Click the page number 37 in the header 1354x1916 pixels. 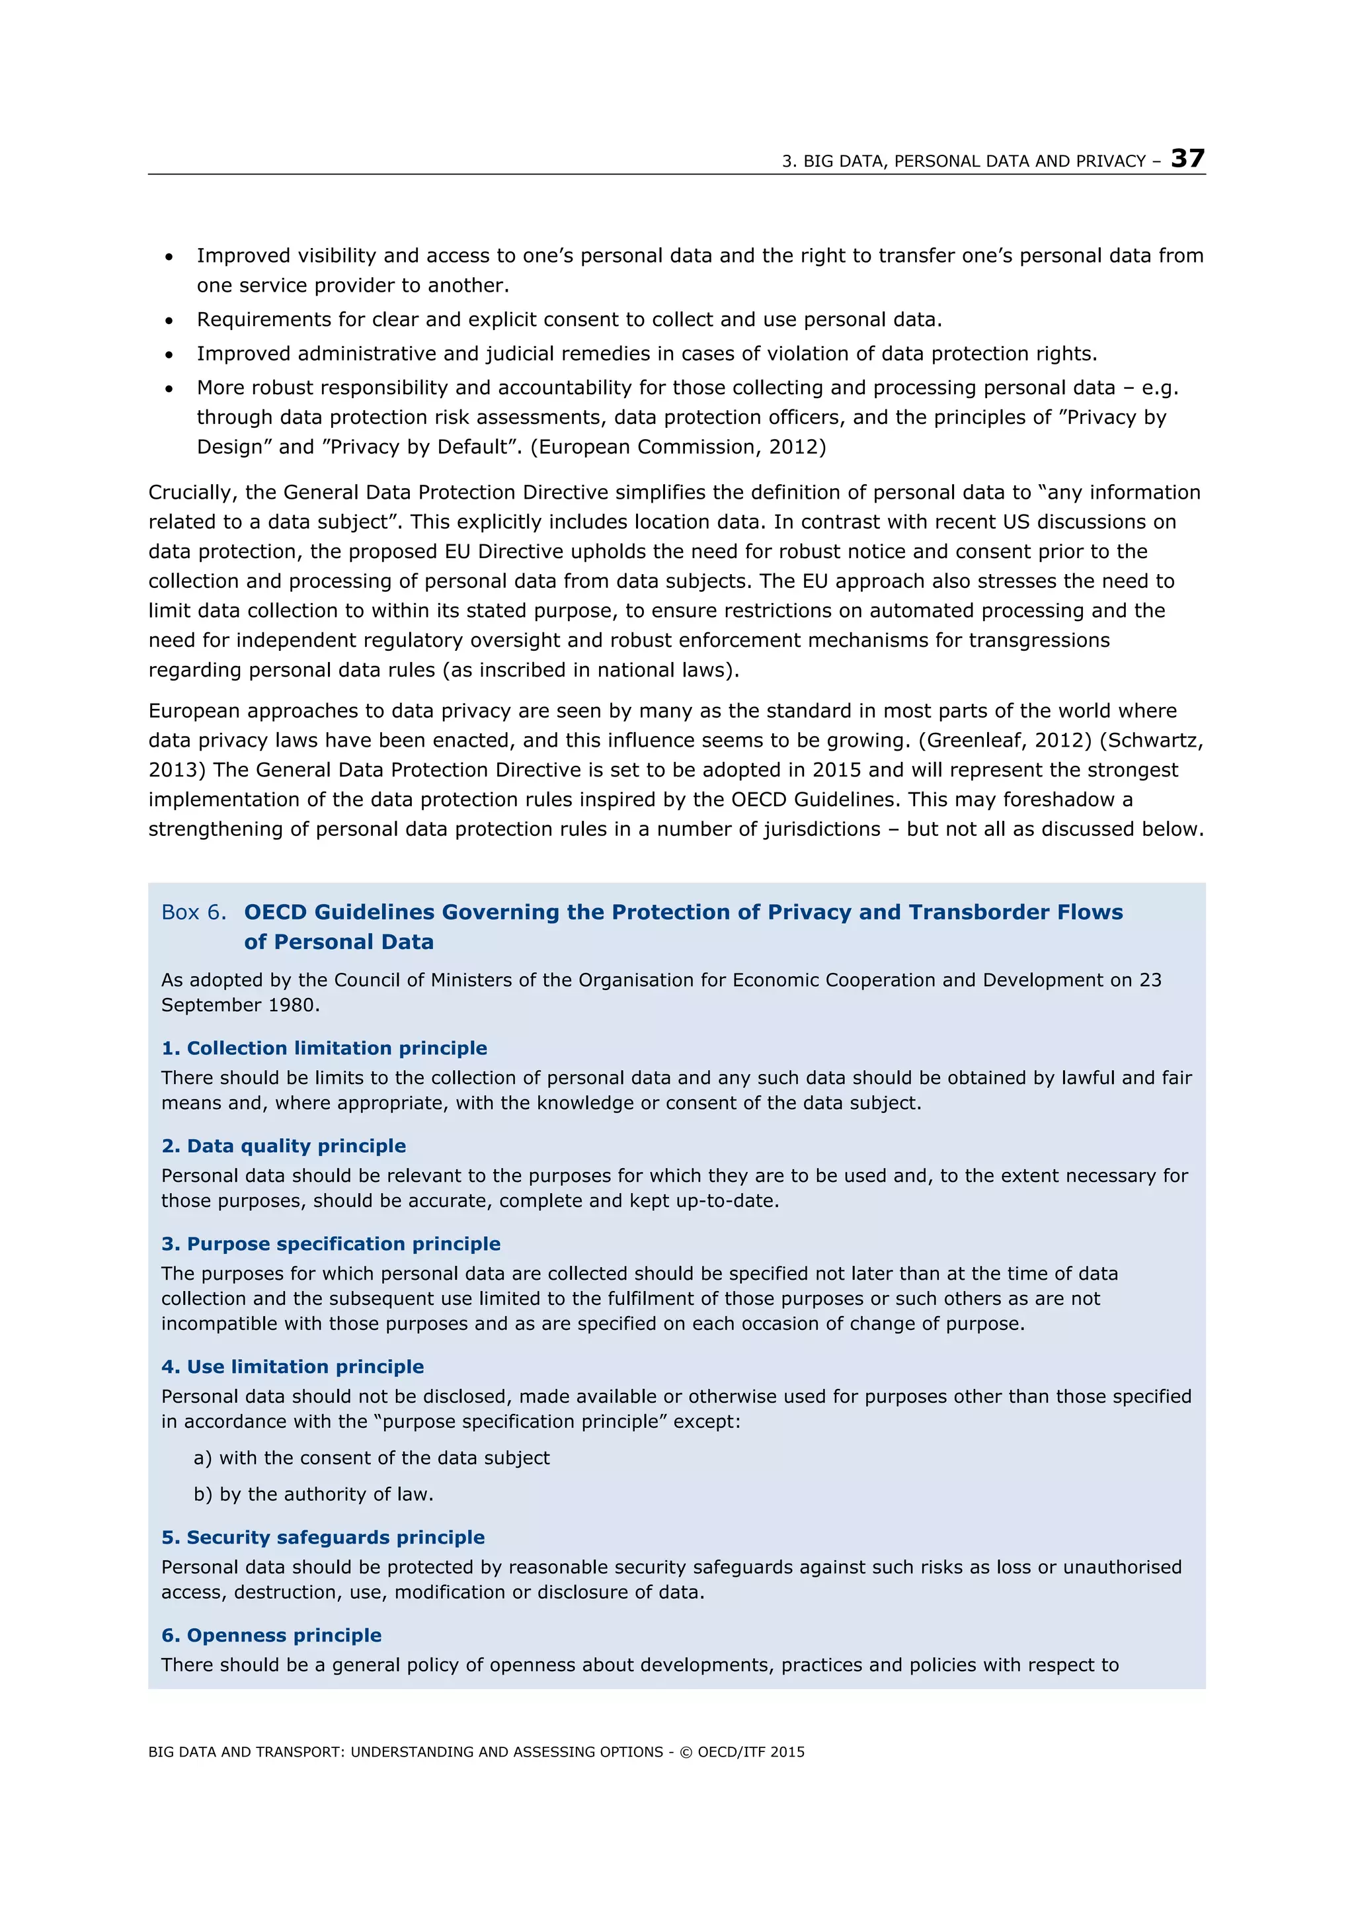pos(1187,159)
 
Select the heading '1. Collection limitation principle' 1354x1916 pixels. pos(324,1048)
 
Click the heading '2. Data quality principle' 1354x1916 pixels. pos(284,1145)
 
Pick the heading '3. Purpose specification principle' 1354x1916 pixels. pos(331,1243)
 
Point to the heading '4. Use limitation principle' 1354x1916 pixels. pos(292,1366)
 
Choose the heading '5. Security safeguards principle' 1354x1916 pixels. pos(323,1537)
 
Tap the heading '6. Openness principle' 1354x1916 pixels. pos(271,1635)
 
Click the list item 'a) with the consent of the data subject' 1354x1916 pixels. pos(372,1458)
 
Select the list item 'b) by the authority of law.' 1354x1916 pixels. pos(313,1494)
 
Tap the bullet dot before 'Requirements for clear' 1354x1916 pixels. pos(169,321)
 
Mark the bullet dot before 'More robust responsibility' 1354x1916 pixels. pos(169,389)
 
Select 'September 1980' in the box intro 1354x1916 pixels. pos(239,1005)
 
